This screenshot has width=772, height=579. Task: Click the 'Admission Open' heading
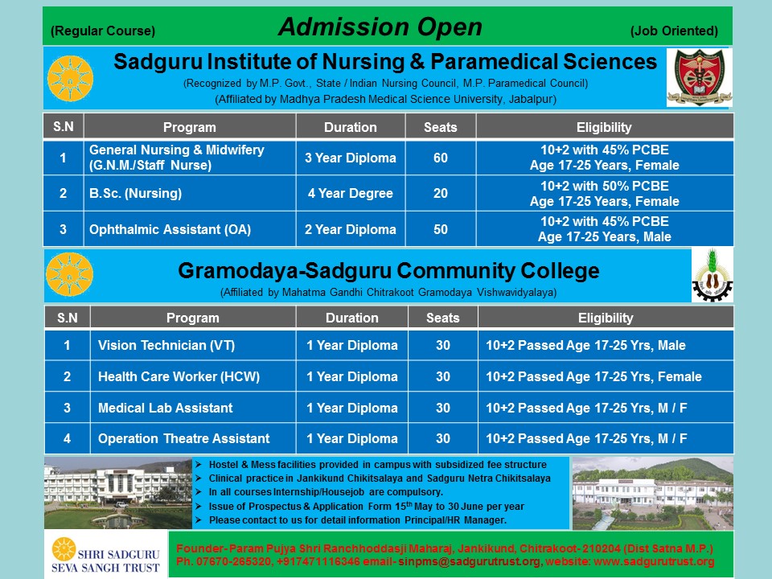380,27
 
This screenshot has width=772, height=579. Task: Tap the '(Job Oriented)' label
674,31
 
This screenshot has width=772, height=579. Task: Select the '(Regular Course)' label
103,31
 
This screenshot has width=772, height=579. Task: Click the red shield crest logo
699,77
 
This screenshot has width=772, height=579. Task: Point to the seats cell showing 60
441,158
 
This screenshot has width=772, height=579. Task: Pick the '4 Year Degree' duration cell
351,193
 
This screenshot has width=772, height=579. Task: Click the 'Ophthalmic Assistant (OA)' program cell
190,229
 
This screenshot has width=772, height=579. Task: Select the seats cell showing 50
441,229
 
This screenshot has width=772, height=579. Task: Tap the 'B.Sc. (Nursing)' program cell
190,193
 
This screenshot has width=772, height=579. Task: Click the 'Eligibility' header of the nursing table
604,127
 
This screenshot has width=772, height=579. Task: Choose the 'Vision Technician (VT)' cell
192,345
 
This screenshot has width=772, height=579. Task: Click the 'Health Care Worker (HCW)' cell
192,376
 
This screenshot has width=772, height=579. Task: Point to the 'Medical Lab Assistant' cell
192,408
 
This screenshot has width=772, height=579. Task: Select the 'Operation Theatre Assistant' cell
192,438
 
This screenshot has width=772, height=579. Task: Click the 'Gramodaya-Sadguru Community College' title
389,271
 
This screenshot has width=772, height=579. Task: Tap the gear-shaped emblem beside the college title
712,275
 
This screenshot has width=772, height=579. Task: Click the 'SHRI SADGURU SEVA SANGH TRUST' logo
106,555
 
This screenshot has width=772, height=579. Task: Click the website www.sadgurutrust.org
654,562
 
